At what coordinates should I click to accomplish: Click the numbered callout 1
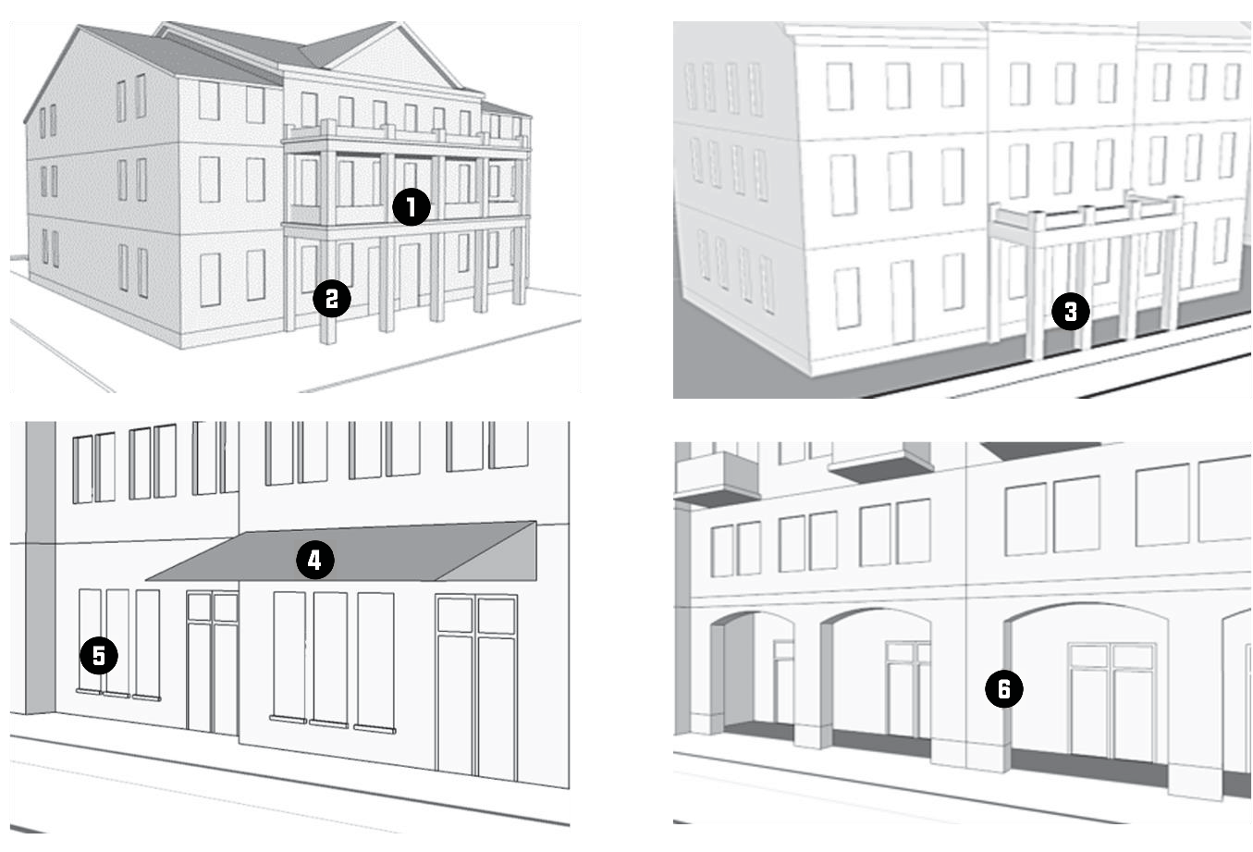pyautogui.click(x=411, y=207)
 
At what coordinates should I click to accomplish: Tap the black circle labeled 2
pyautogui.click(x=331, y=298)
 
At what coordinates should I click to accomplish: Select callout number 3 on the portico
pyautogui.click(x=1070, y=312)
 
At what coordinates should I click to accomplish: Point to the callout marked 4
pyautogui.click(x=314, y=560)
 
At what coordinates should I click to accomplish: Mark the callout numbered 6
pyautogui.click(x=1003, y=688)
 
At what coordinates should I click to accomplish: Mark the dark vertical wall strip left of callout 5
pyautogui.click(x=40, y=564)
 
